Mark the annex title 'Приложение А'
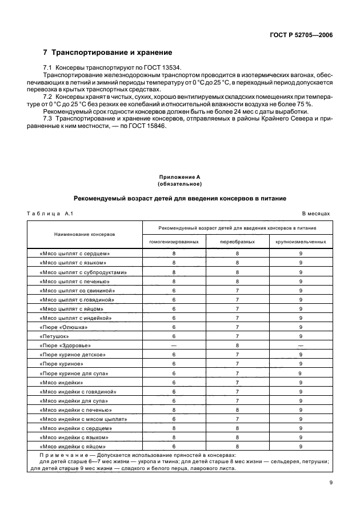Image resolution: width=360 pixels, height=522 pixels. [x=179, y=178]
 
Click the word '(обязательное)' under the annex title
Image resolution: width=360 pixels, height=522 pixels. [x=179, y=184]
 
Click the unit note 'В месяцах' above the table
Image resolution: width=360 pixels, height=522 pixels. [x=316, y=213]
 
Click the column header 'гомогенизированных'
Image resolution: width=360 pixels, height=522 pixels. [x=174, y=242]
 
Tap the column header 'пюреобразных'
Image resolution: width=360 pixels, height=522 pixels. [x=237, y=242]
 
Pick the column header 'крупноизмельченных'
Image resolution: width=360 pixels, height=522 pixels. [x=301, y=242]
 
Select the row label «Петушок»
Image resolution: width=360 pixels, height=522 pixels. [x=55, y=336]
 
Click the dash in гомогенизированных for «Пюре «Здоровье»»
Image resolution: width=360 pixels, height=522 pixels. [x=174, y=346]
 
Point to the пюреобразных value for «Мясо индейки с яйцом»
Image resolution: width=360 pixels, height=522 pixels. [x=237, y=446]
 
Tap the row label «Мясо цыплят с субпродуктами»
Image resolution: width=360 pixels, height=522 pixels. [x=83, y=272]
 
